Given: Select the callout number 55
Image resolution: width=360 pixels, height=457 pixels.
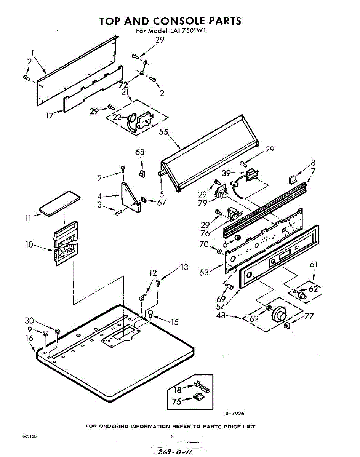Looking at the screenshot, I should click(163, 132).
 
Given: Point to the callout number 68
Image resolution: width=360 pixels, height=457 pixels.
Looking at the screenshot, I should click(140, 152).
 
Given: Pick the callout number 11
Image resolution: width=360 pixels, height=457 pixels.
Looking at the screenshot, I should click(29, 219).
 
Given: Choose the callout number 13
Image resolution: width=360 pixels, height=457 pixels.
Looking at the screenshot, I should click(184, 267).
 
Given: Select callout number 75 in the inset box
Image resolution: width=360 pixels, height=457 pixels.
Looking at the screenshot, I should click(176, 401).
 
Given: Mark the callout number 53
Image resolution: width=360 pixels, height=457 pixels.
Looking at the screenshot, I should click(205, 272).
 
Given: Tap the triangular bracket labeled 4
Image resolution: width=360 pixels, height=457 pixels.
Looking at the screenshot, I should click(129, 196).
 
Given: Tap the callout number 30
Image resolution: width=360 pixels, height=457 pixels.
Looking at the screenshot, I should click(29, 320).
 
